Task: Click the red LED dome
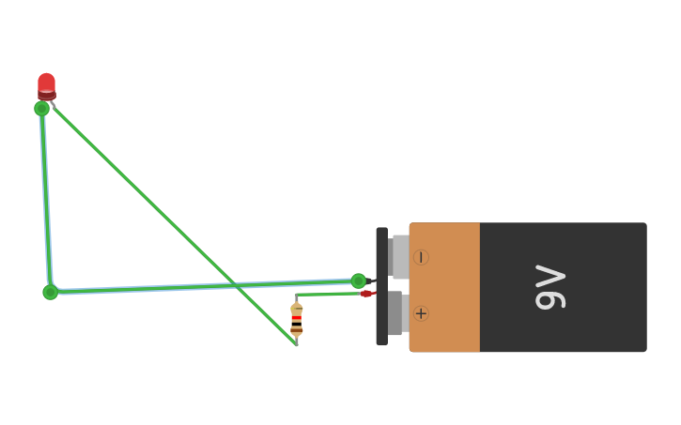[x=46, y=82]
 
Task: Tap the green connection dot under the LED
[x=41, y=108]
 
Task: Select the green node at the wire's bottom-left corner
[x=50, y=292]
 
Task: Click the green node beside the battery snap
[x=359, y=281]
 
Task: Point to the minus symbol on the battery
[x=421, y=257]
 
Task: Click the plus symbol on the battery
[x=421, y=313]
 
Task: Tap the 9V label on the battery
[x=550, y=287]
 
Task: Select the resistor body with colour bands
[x=297, y=319]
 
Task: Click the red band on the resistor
[x=297, y=319]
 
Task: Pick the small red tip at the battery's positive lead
[x=365, y=294]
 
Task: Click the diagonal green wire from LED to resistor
[x=169, y=220]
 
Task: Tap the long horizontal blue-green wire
[x=207, y=286]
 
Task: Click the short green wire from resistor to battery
[x=329, y=295]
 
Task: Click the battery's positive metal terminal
[x=395, y=312]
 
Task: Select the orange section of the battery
[x=444, y=287]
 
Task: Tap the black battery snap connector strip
[x=381, y=286]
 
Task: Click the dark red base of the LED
[x=46, y=95]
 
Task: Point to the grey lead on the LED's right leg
[x=53, y=105]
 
